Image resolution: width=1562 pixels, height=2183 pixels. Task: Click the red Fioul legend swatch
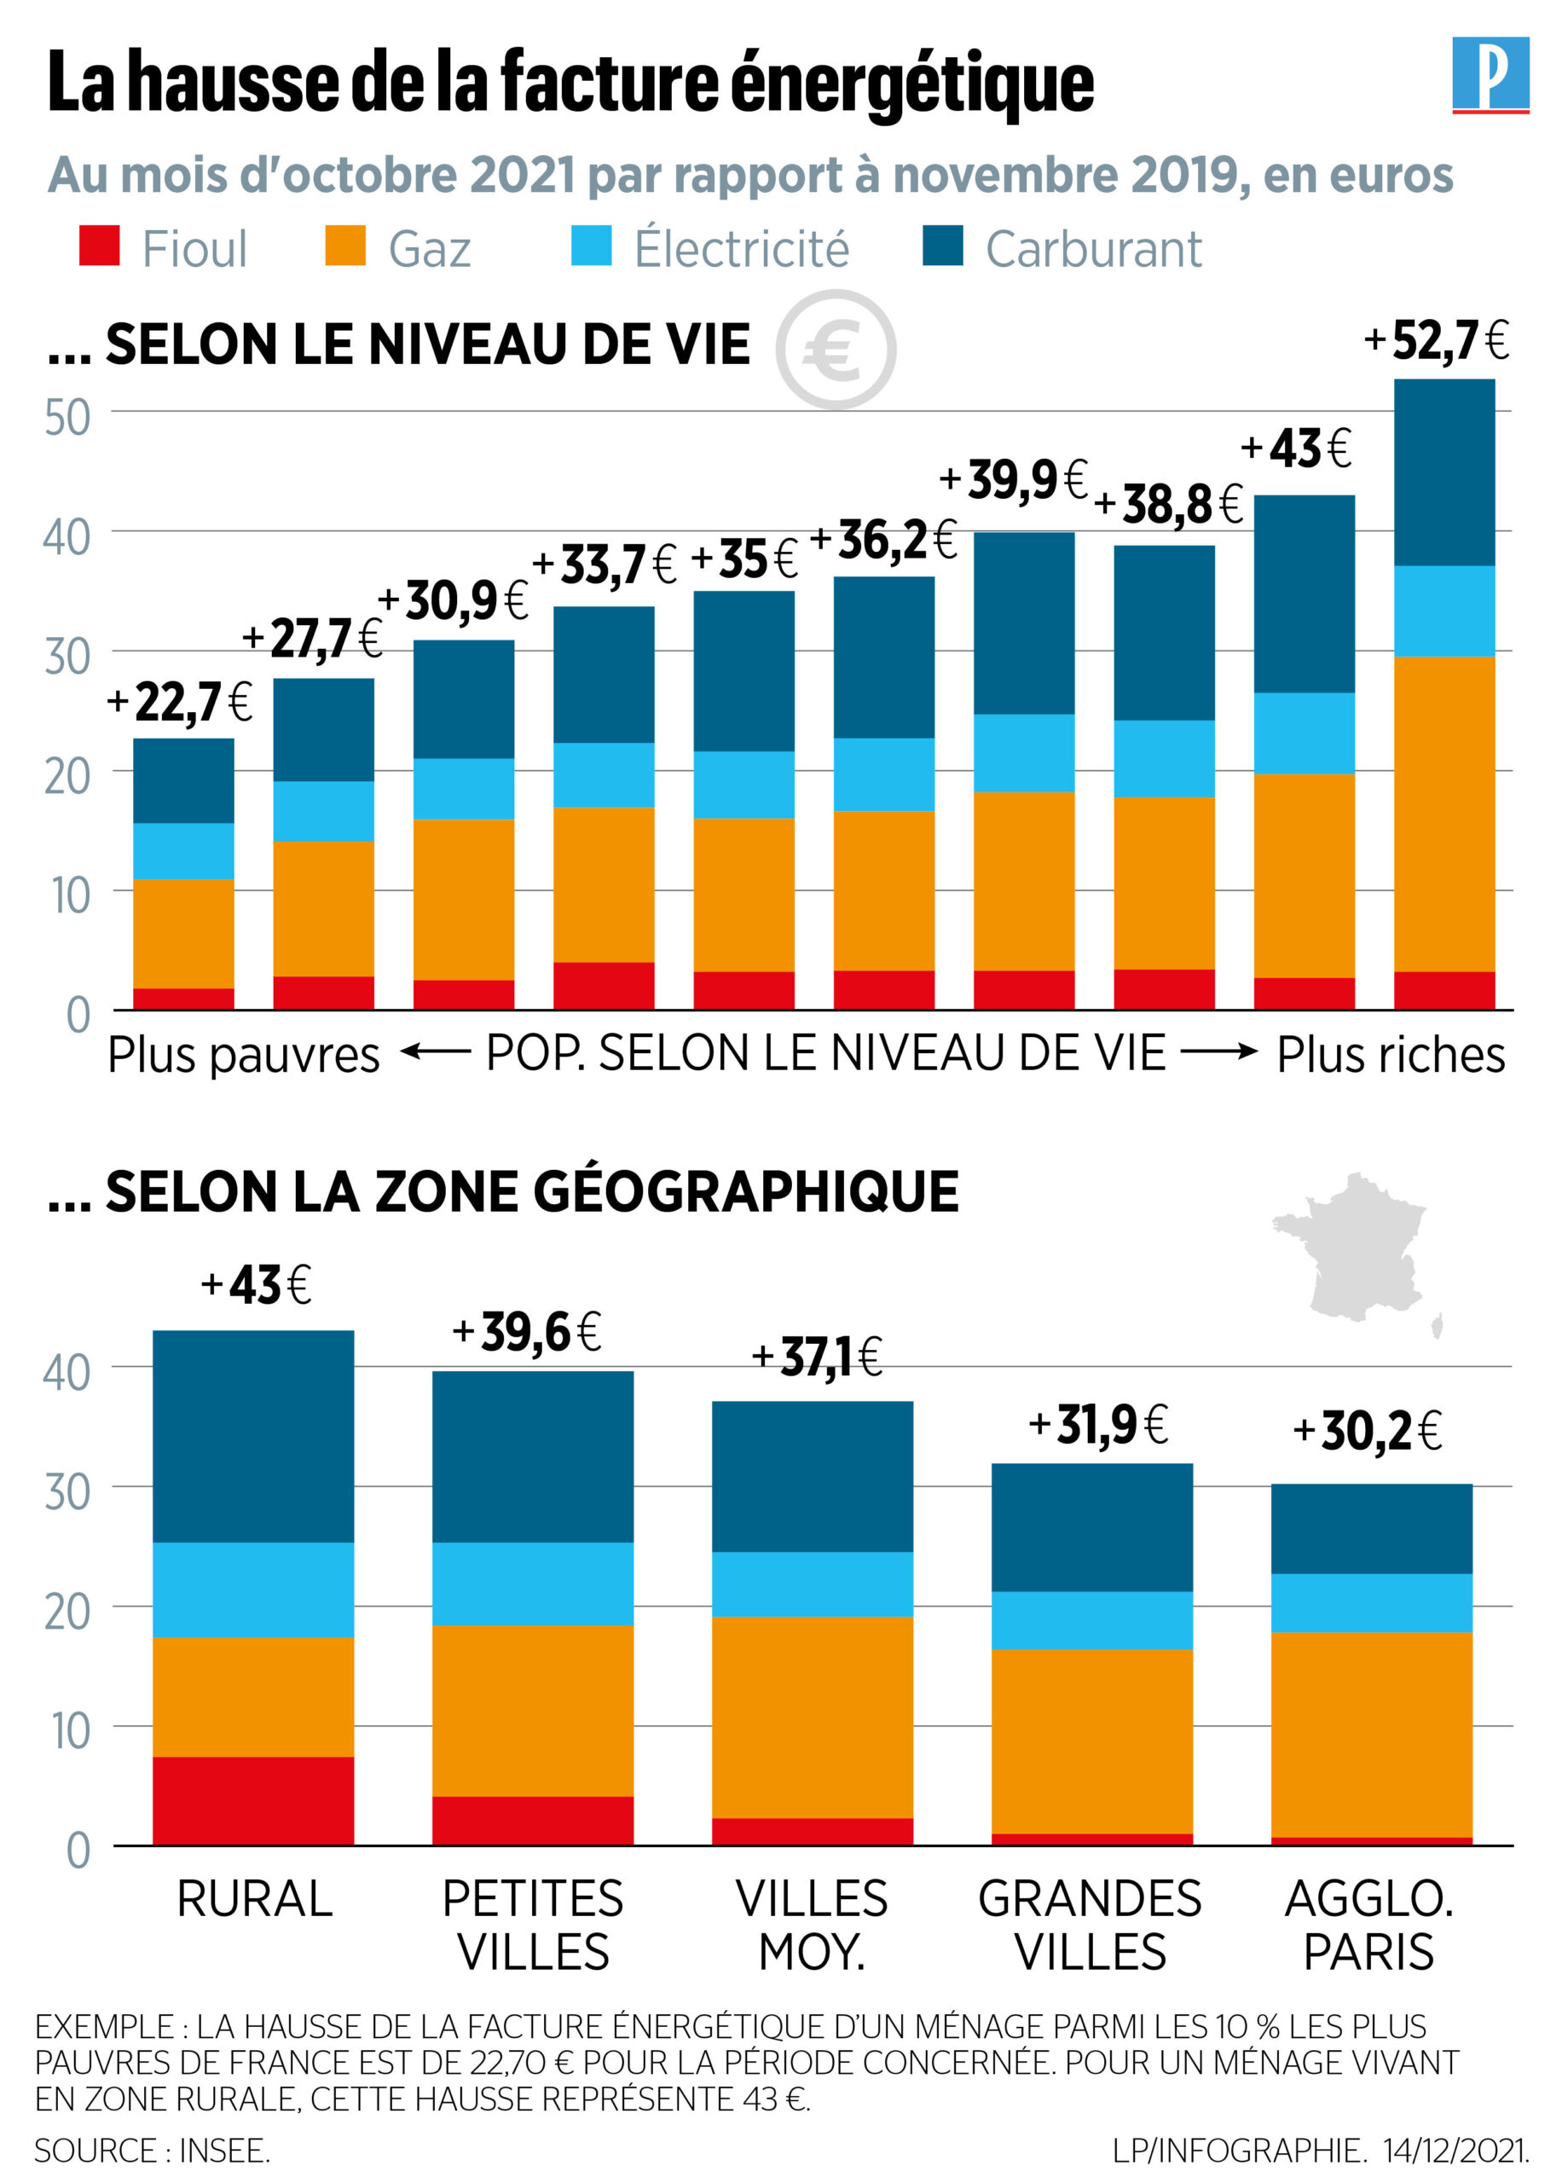99,246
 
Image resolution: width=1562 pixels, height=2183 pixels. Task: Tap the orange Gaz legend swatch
345,246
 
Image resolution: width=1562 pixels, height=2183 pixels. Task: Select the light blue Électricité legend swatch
591,246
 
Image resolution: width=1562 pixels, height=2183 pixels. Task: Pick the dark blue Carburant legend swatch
943,246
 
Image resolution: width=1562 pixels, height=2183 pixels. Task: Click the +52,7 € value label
1436,340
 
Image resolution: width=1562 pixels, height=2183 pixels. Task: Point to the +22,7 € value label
180,702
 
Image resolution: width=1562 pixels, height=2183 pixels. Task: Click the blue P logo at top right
1490,74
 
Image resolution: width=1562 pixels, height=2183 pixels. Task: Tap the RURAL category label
254,1899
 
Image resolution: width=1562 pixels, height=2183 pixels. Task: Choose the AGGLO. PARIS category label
1368,1925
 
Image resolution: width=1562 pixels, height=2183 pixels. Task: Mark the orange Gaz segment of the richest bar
1443,814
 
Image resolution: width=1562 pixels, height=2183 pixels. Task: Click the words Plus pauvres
243,1055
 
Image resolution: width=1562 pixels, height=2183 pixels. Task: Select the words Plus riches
1390,1055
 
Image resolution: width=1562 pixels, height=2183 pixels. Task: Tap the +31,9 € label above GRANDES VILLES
1097,1425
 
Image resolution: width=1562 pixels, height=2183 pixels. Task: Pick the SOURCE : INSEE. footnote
152,2151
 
